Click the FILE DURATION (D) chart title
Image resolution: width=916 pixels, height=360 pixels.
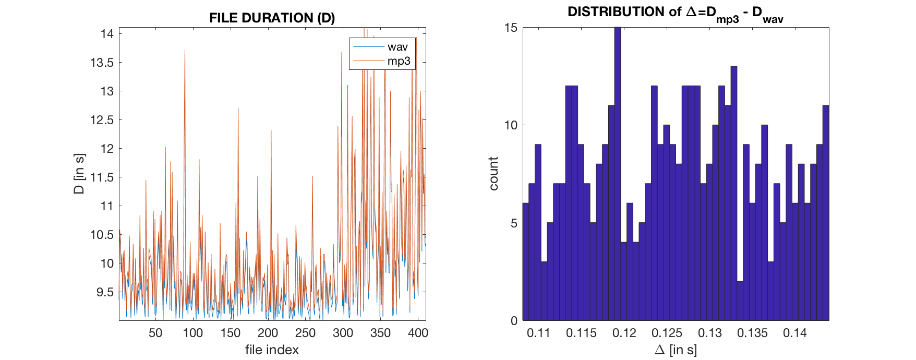[x=272, y=18]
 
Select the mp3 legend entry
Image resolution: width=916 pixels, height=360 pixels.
[x=399, y=61]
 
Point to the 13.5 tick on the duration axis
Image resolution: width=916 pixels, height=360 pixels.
[x=102, y=63]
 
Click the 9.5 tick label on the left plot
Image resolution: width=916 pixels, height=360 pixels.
[x=105, y=292]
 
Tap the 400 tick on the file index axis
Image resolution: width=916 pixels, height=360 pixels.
[x=418, y=333]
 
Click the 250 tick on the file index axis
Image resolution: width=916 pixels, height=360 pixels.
[x=305, y=333]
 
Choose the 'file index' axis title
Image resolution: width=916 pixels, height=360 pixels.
[x=272, y=350]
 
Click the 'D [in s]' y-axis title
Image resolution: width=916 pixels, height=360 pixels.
[x=79, y=174]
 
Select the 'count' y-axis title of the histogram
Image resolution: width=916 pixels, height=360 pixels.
[x=493, y=174]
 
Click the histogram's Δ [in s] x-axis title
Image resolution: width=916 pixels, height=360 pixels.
[x=676, y=350]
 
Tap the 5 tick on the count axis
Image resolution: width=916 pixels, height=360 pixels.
[x=514, y=223]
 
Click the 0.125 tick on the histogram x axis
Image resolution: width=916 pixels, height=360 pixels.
[x=667, y=333]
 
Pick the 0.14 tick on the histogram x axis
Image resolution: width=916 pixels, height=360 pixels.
[x=794, y=333]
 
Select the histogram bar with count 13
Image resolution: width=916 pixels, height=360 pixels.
[x=734, y=193]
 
